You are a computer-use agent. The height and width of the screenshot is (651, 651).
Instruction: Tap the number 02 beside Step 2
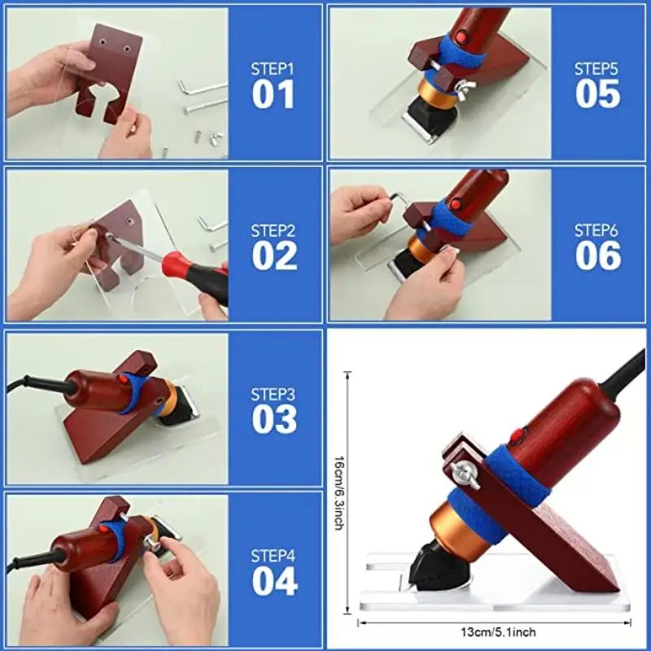click(274, 256)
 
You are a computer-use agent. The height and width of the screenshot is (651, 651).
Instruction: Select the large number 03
click(274, 419)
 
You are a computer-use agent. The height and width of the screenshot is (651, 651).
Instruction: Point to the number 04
click(274, 581)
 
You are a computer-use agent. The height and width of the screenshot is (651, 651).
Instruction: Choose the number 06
click(598, 256)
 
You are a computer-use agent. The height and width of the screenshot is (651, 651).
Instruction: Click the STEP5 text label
click(598, 69)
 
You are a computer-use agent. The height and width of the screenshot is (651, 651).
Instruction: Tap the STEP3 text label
click(274, 395)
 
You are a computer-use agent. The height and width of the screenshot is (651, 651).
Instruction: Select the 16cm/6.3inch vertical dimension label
click(338, 492)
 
